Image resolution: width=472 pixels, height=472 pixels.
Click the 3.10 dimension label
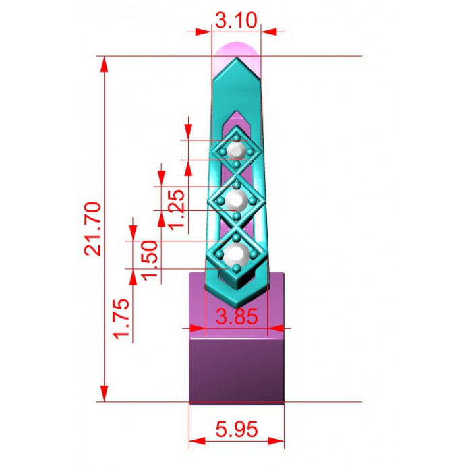[236, 20]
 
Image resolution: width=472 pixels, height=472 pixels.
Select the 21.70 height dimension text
[92, 229]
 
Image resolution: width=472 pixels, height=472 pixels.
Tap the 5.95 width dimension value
[237, 429]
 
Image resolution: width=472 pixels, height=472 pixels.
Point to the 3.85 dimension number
[237, 316]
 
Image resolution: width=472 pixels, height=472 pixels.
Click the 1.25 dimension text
[176, 210]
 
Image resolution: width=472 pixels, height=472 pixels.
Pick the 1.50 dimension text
[150, 260]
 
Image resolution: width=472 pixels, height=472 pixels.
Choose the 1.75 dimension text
[121, 319]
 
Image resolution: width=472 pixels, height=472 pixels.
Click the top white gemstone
[236, 150]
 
